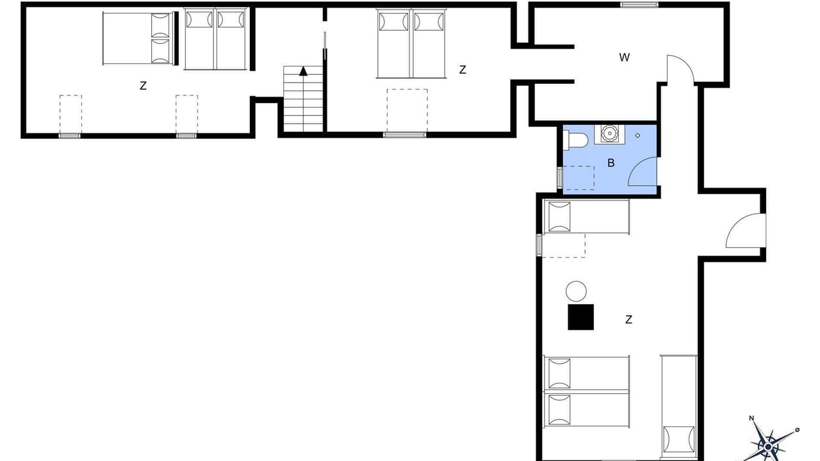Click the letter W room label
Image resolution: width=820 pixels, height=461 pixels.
624,58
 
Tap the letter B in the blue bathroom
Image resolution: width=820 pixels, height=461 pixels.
611,163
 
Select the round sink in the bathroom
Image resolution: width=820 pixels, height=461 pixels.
609,134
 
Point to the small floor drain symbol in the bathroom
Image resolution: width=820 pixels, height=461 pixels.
637,135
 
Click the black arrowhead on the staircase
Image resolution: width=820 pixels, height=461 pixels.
303,71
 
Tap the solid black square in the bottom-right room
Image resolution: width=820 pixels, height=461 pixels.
580,317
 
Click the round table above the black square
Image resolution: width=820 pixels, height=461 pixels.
576,291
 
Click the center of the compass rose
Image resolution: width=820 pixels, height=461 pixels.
768,447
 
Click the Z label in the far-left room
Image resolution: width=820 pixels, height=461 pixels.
143,86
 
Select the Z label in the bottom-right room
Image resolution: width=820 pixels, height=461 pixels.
628,319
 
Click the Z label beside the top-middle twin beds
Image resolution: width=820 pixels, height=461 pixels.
463,70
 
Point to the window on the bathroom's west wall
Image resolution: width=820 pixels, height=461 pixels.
560,178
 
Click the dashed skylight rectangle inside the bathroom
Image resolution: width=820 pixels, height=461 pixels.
578,178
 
